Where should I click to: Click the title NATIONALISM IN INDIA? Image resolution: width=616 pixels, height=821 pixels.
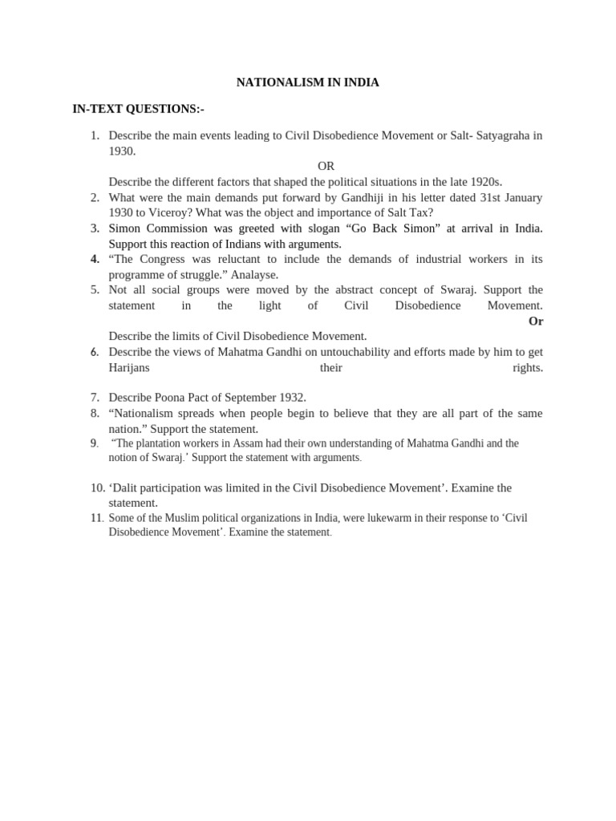[307, 82]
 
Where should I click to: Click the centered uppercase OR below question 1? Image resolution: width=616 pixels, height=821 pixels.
[326, 166]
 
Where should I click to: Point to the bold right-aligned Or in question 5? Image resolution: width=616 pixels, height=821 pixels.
[535, 321]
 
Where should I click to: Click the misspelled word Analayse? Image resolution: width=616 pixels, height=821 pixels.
[254, 274]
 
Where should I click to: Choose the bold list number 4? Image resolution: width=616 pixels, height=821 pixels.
[95, 259]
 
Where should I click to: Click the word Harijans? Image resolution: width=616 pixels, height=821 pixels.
[129, 367]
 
